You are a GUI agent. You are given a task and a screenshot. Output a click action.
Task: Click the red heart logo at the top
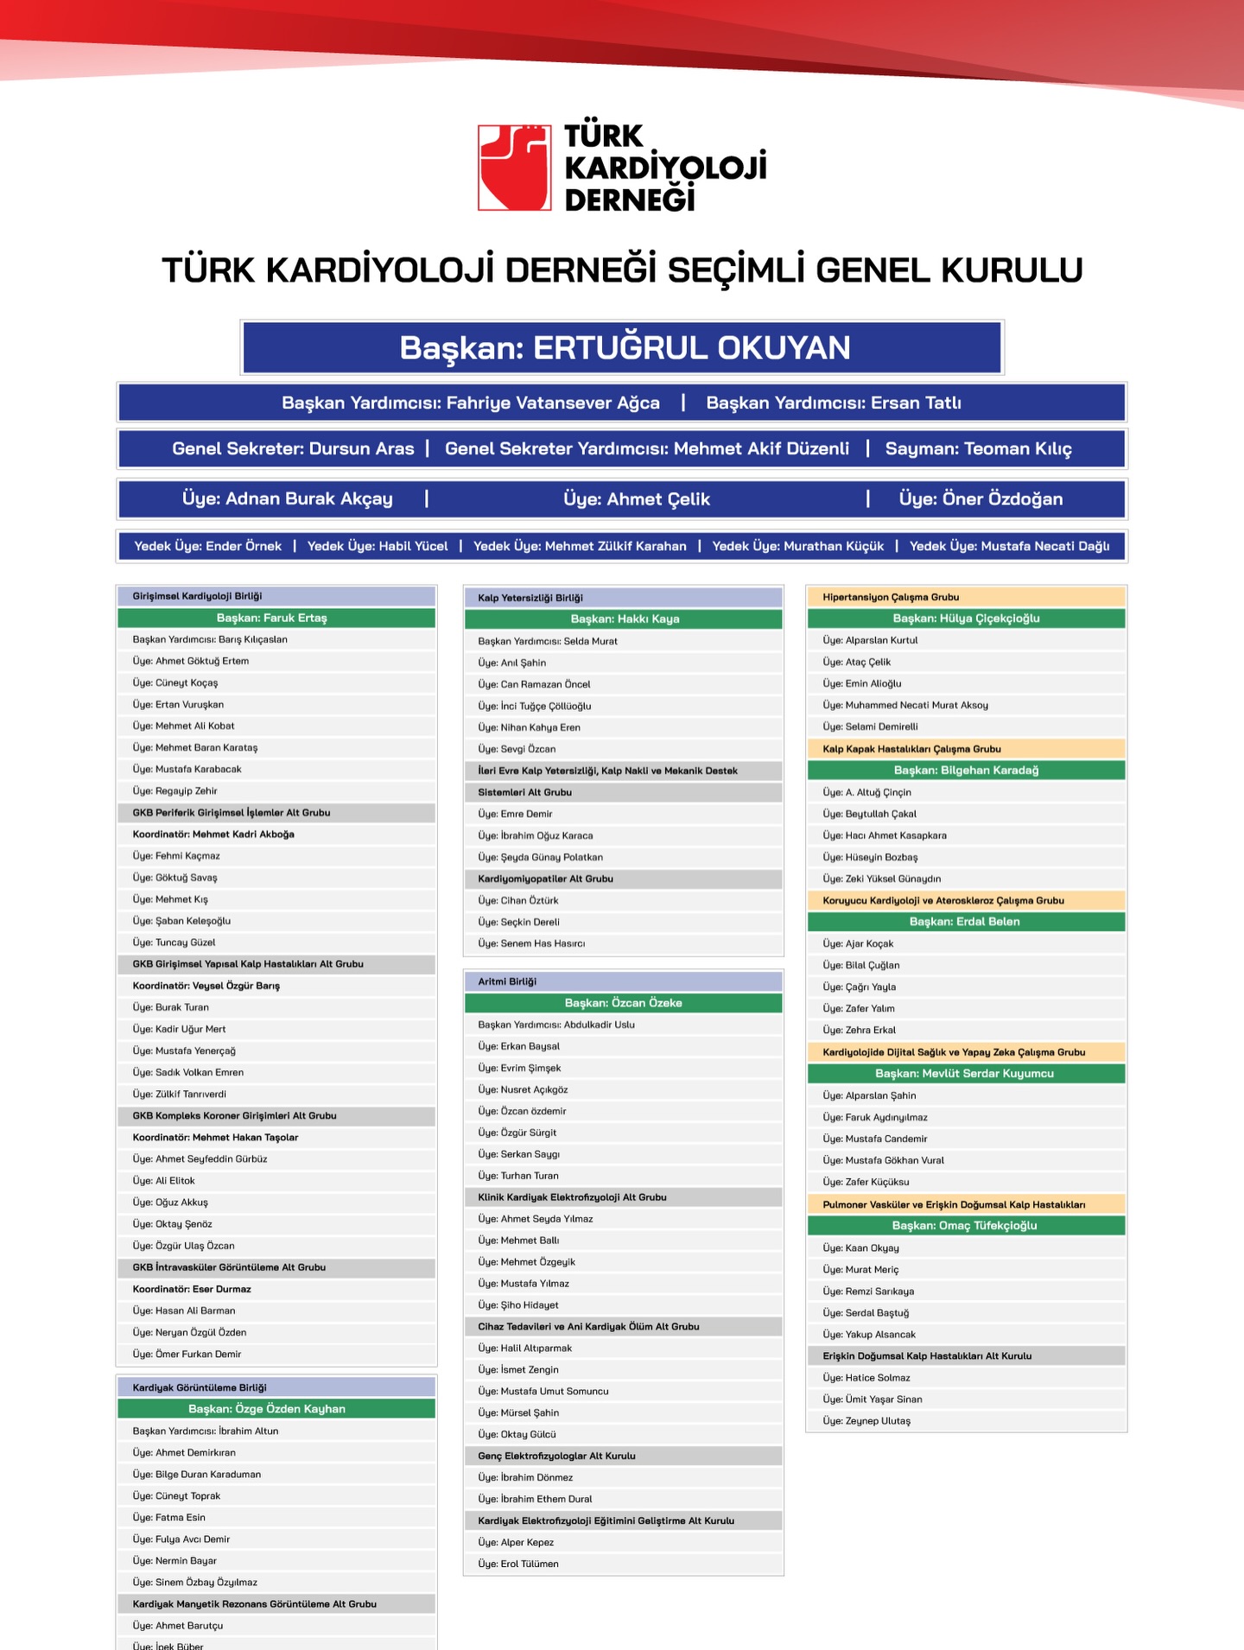[514, 168]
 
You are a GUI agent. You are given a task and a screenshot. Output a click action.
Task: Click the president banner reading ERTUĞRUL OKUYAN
[622, 347]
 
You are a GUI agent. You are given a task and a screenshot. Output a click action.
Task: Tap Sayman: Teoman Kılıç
[978, 448]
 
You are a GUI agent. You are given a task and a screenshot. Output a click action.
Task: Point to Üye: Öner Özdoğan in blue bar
[981, 498]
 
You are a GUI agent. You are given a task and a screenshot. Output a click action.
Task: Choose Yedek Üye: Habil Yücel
[378, 546]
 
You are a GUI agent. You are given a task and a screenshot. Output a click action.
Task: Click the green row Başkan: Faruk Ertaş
[276, 618]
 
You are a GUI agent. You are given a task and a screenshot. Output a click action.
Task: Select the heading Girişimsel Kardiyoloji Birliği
[197, 596]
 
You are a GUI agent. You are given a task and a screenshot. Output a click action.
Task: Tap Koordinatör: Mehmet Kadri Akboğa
[213, 835]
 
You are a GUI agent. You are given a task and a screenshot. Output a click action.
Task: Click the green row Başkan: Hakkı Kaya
[624, 619]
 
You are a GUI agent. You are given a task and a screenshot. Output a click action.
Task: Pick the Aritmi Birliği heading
[507, 981]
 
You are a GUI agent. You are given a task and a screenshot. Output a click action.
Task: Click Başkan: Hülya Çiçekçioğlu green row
[966, 619]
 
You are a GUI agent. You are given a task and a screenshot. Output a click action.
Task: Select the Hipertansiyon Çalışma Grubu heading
[891, 597]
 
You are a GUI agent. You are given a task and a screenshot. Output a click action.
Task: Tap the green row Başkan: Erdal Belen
[965, 922]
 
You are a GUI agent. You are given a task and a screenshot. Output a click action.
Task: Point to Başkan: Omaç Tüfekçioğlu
[965, 1226]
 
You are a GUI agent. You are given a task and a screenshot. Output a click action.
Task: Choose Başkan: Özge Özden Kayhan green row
[276, 1409]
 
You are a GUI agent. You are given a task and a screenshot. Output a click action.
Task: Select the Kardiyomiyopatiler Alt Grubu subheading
[545, 879]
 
